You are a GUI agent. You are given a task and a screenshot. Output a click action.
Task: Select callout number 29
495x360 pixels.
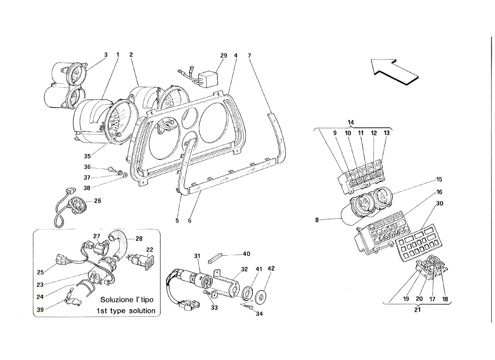224,56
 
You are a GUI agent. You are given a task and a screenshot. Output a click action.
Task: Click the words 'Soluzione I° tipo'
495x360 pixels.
127,299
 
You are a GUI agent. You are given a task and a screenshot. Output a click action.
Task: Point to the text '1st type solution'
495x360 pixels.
126,311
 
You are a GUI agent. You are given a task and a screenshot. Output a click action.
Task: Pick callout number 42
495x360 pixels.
271,268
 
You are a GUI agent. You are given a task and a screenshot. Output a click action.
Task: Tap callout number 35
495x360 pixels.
87,156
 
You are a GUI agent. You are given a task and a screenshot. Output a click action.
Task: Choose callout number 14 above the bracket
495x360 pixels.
351,122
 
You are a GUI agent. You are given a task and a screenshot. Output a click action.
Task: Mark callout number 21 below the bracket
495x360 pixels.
417,310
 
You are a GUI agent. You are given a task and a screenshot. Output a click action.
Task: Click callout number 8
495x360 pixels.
317,220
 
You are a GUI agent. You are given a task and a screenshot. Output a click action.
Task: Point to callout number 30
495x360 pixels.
440,203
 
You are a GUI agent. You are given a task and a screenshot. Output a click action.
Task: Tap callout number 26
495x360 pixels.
98,201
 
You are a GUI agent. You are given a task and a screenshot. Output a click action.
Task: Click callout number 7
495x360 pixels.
249,56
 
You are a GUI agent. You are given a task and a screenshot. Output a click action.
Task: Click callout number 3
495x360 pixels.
106,54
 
